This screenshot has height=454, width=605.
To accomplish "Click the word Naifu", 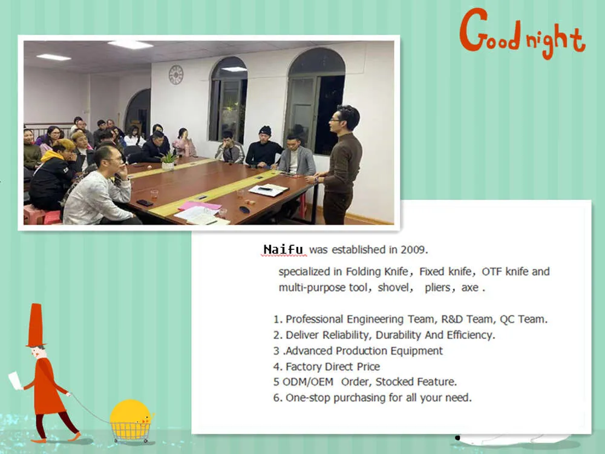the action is coord(283,249).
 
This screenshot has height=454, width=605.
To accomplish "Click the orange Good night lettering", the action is coord(523,34).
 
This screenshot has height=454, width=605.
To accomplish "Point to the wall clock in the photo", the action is coord(175,74).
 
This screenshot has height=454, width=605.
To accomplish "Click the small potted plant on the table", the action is coord(168,160).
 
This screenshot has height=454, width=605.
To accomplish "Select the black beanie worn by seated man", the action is coord(266,131).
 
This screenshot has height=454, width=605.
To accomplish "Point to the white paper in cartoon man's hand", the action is coord(16,380).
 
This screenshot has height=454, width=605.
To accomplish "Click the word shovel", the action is coord(394,288).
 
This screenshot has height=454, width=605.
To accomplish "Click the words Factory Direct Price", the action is coord(333,366).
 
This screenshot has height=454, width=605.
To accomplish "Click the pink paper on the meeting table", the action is coord(200,205).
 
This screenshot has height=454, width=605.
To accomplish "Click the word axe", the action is coord(470,288).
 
